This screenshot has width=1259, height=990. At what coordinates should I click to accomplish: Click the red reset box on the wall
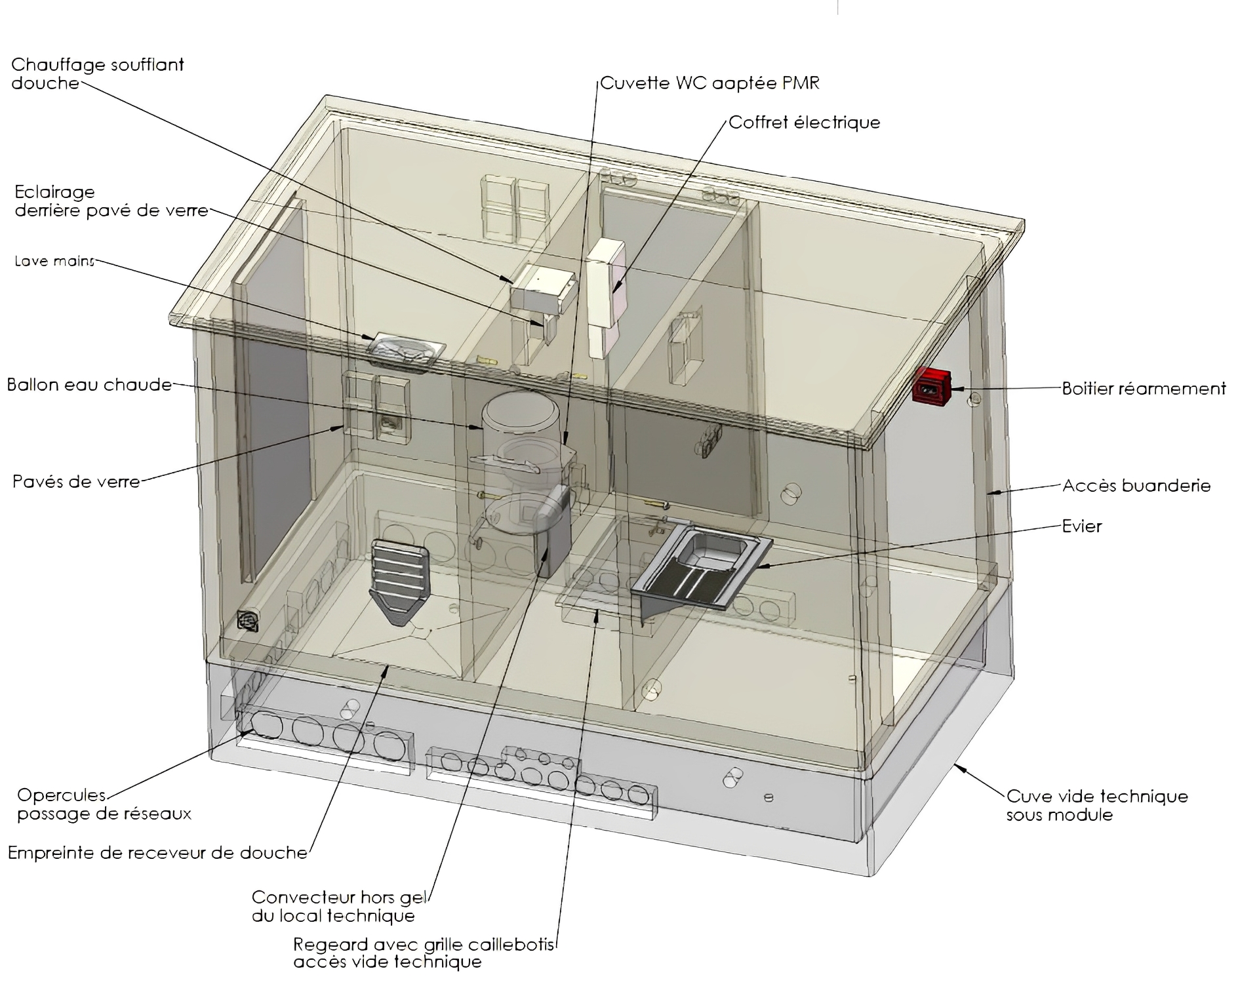pyautogui.click(x=932, y=386)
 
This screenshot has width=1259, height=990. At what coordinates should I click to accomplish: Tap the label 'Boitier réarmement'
pyautogui.click(x=1144, y=389)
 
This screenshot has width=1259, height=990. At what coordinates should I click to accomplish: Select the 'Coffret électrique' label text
pyautogui.click(x=805, y=123)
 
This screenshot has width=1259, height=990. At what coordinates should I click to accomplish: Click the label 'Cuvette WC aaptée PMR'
pyautogui.click(x=709, y=83)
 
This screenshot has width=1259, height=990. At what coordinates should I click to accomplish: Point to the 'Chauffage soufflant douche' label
pyautogui.click(x=97, y=73)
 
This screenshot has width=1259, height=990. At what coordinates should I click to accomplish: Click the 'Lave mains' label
pyautogui.click(x=54, y=261)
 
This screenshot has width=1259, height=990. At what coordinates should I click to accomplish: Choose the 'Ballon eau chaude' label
pyautogui.click(x=89, y=384)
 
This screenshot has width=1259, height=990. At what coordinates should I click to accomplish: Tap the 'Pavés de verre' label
pyautogui.click(x=76, y=482)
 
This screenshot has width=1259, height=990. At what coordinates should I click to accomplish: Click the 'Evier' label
pyautogui.click(x=1082, y=526)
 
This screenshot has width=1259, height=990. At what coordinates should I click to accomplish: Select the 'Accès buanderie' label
pyautogui.click(x=1136, y=486)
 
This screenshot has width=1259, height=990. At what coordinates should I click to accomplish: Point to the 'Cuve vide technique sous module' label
pyautogui.click(x=1096, y=805)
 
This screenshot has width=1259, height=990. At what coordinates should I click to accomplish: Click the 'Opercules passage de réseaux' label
pyautogui.click(x=104, y=804)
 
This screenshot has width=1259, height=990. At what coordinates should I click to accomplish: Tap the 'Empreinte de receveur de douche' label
pyautogui.click(x=157, y=852)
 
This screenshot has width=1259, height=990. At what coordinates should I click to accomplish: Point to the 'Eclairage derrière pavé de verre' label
pyautogui.click(x=111, y=201)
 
